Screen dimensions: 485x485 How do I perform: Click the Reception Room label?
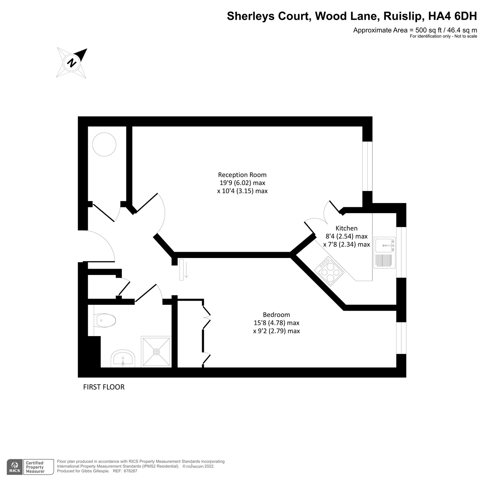coord(242,175)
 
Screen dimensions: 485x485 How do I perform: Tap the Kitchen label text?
coord(346,228)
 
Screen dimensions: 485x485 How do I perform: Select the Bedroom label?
coord(276,315)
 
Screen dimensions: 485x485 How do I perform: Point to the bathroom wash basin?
coord(123,359)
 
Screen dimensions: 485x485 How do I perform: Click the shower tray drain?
coord(157,352)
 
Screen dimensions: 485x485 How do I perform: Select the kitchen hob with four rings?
coord(328,271)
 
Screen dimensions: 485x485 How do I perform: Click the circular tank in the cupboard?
coord(104,145)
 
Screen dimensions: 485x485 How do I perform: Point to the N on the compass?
coord(72,63)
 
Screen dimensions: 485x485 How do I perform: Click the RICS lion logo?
coord(15,467)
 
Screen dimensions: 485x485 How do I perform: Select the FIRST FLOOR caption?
coord(104,387)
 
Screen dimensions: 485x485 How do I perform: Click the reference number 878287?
coord(131,471)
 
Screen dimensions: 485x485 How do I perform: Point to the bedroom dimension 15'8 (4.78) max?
coord(276,323)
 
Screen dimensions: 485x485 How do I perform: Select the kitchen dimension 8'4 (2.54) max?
coord(346,236)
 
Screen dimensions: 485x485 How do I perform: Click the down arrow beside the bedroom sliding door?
coord(186,270)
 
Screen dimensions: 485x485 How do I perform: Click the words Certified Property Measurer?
coord(35,467)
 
